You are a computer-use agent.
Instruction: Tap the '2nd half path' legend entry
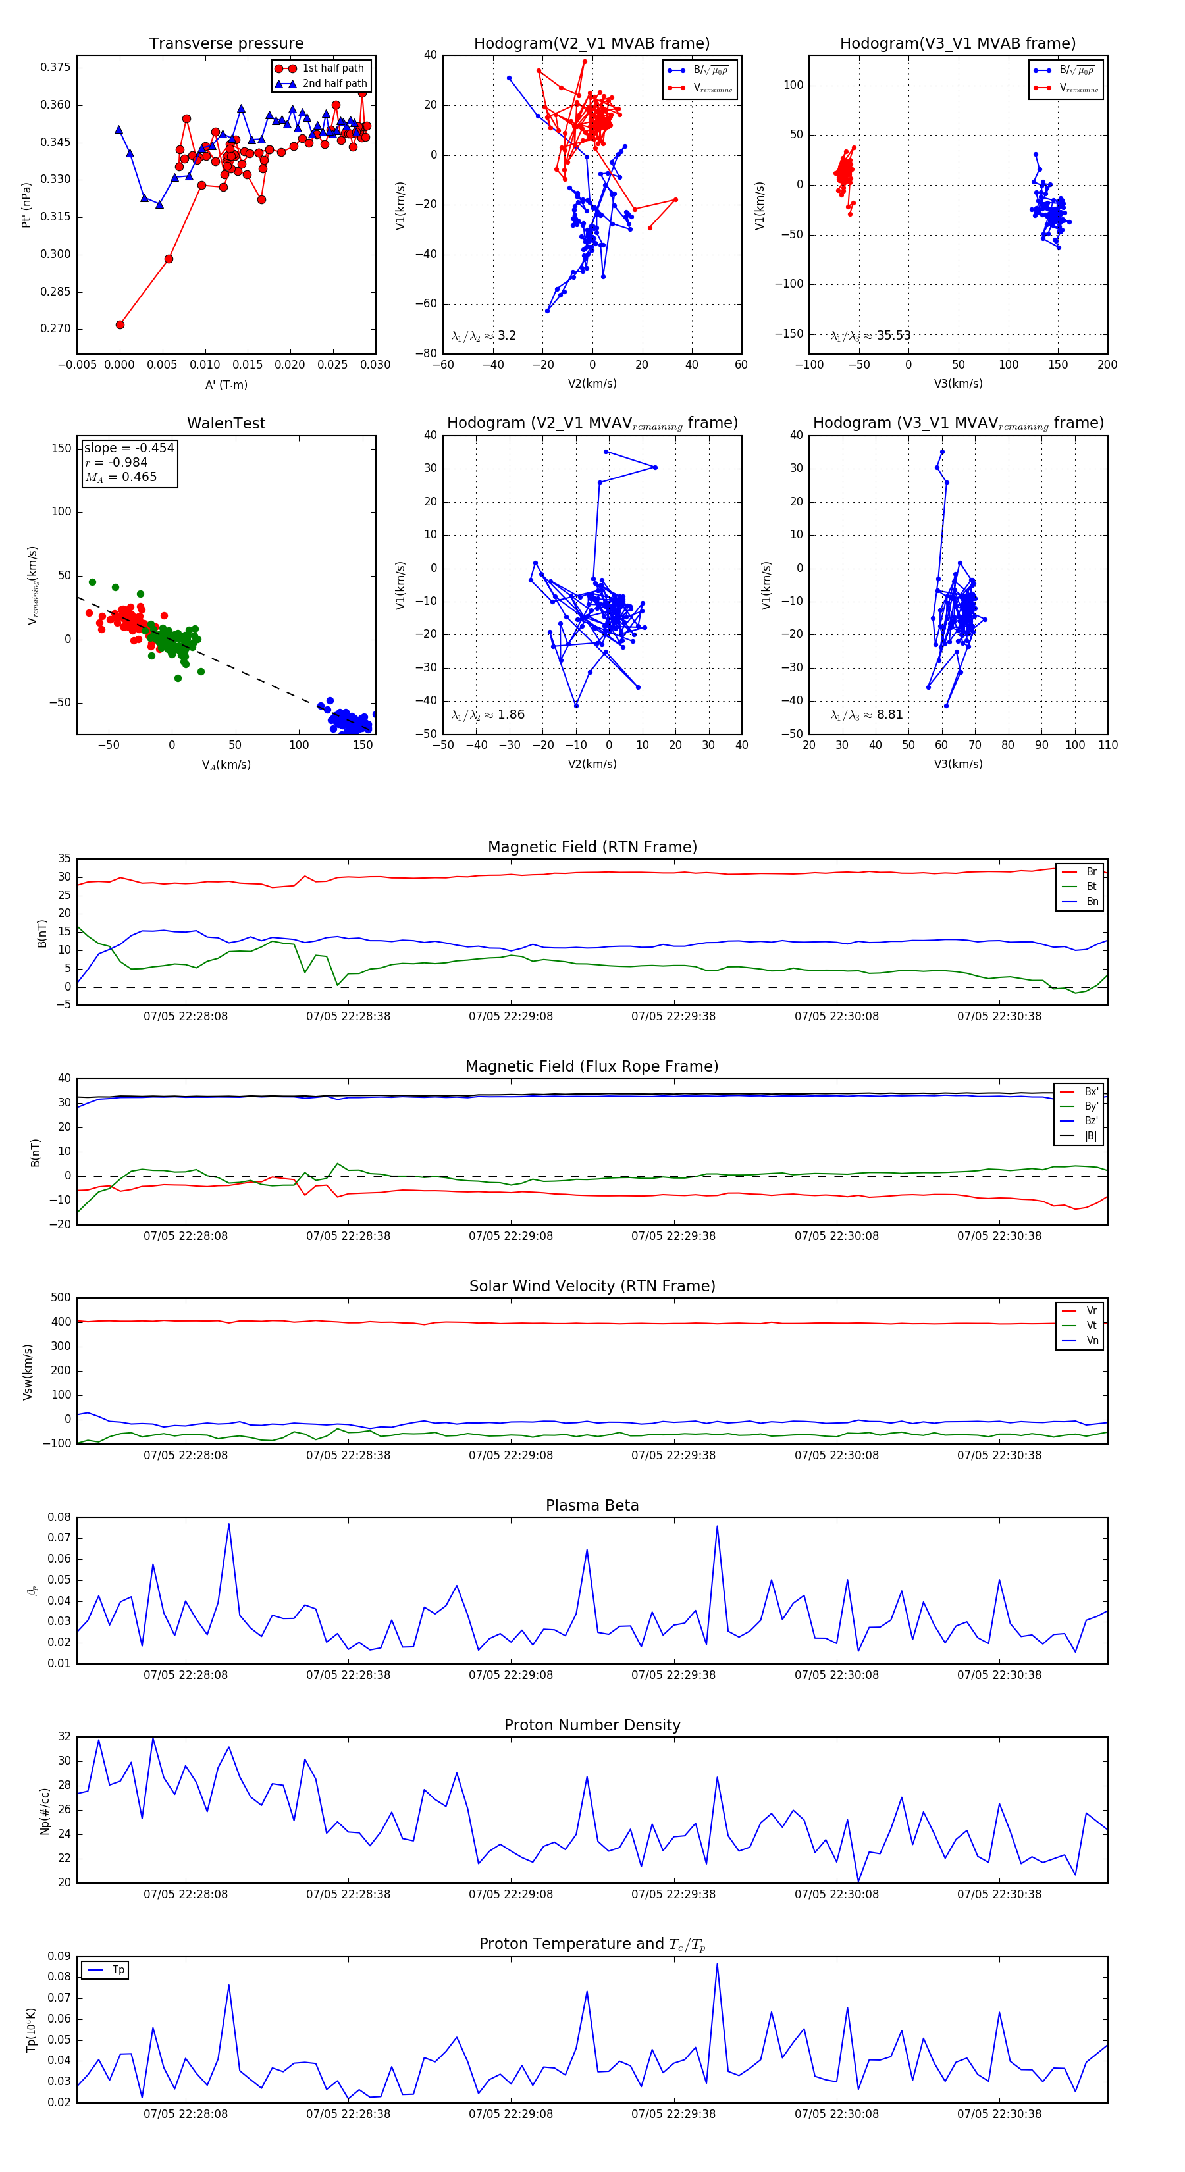(334, 84)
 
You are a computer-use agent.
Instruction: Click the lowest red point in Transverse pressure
(120, 324)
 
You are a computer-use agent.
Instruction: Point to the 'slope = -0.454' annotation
(129, 448)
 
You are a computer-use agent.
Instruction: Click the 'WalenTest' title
(226, 423)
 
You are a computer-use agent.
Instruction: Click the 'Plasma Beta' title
(592, 1505)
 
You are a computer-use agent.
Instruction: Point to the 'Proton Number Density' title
(592, 1725)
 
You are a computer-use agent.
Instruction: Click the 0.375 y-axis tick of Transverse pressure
(56, 67)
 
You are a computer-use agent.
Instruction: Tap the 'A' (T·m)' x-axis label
(226, 384)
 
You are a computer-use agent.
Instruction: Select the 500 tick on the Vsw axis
(61, 1298)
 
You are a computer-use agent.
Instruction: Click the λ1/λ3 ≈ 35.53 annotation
(870, 336)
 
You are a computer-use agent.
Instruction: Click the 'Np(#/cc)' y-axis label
(45, 1812)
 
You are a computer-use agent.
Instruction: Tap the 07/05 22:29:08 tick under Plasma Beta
(510, 1674)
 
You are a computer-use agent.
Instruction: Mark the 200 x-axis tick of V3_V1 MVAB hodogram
(1107, 365)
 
